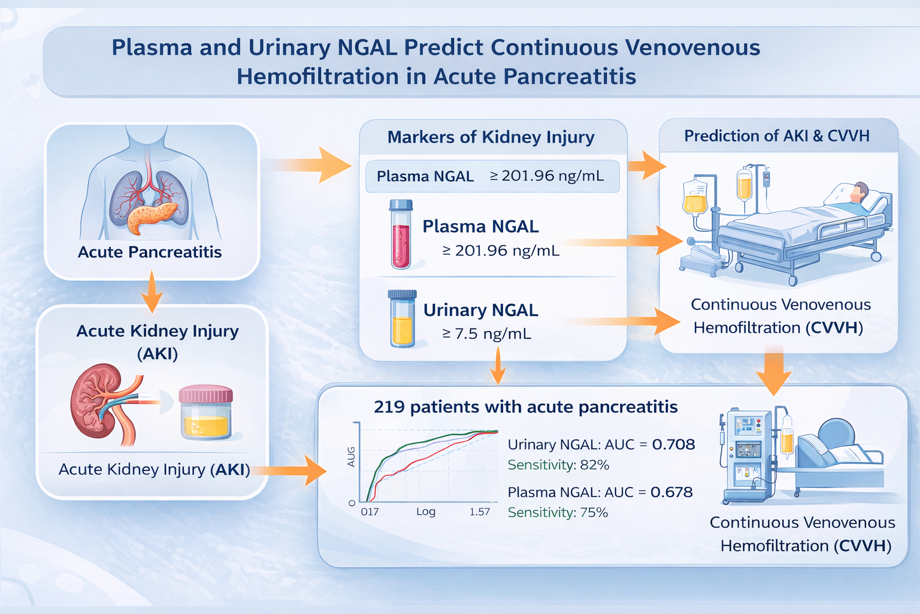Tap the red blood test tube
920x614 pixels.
click(x=401, y=234)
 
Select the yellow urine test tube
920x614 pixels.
click(x=402, y=319)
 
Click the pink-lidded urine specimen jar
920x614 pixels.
click(x=206, y=412)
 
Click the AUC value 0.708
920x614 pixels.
click(x=674, y=444)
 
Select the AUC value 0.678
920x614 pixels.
click(x=671, y=492)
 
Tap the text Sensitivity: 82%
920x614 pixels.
click(x=558, y=465)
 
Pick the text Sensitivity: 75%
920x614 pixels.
click(x=558, y=513)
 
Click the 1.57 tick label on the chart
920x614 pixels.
click(x=480, y=512)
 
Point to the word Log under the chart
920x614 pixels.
click(x=426, y=512)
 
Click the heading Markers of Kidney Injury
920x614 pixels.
click(x=491, y=137)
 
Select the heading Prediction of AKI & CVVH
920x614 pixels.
click(x=777, y=136)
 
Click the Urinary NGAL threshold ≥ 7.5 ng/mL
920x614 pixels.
click(x=487, y=333)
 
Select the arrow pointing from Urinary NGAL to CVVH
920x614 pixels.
click(x=625, y=321)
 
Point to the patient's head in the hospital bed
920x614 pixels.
click(x=858, y=192)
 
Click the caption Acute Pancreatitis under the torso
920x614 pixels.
click(x=150, y=252)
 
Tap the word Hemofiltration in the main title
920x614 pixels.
click(x=318, y=77)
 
